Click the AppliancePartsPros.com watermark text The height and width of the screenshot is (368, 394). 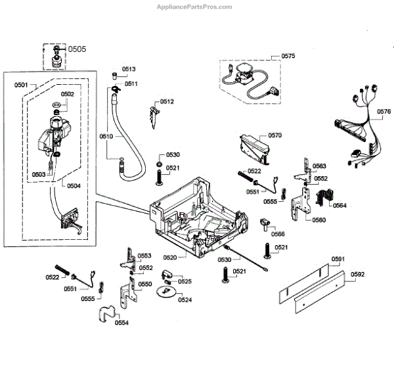pos(194,7)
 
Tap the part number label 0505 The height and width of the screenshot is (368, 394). pos(77,49)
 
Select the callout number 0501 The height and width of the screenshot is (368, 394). pos(22,85)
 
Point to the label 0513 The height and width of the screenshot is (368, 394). pos(129,69)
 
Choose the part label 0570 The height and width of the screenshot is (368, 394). pos(274,135)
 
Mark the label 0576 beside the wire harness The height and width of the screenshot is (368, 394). pos(385,112)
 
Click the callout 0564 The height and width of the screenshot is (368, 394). pos(339,206)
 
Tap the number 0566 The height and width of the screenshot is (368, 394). pos(278,234)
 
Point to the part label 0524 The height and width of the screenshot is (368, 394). pos(185,300)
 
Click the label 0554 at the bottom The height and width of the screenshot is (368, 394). pos(121,323)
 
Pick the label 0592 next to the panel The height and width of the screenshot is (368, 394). pos(357,274)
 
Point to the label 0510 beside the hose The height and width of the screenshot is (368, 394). pos(106,137)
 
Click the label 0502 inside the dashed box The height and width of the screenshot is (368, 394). pos(68,94)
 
